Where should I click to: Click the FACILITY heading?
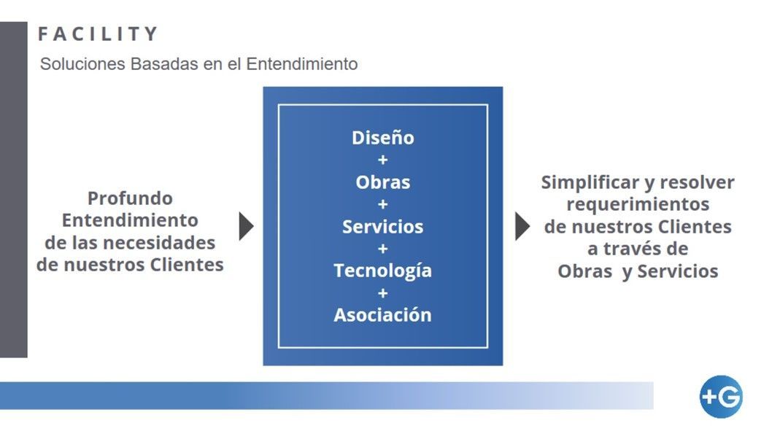(98, 34)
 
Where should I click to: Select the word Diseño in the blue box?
(382, 138)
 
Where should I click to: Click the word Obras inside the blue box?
(382, 182)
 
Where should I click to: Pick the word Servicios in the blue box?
(382, 226)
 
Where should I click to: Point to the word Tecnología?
(382, 271)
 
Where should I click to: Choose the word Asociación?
(382, 315)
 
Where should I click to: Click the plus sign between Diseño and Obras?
(382, 160)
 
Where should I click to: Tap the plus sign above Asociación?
(382, 293)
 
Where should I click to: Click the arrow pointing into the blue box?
(246, 226)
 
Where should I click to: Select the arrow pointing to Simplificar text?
(522, 226)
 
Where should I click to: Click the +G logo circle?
(721, 397)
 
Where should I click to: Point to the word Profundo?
(130, 198)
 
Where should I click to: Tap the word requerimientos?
(638, 204)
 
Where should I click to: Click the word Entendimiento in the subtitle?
(302, 64)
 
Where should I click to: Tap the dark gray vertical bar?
(14, 190)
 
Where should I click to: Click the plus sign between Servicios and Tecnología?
(382, 249)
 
